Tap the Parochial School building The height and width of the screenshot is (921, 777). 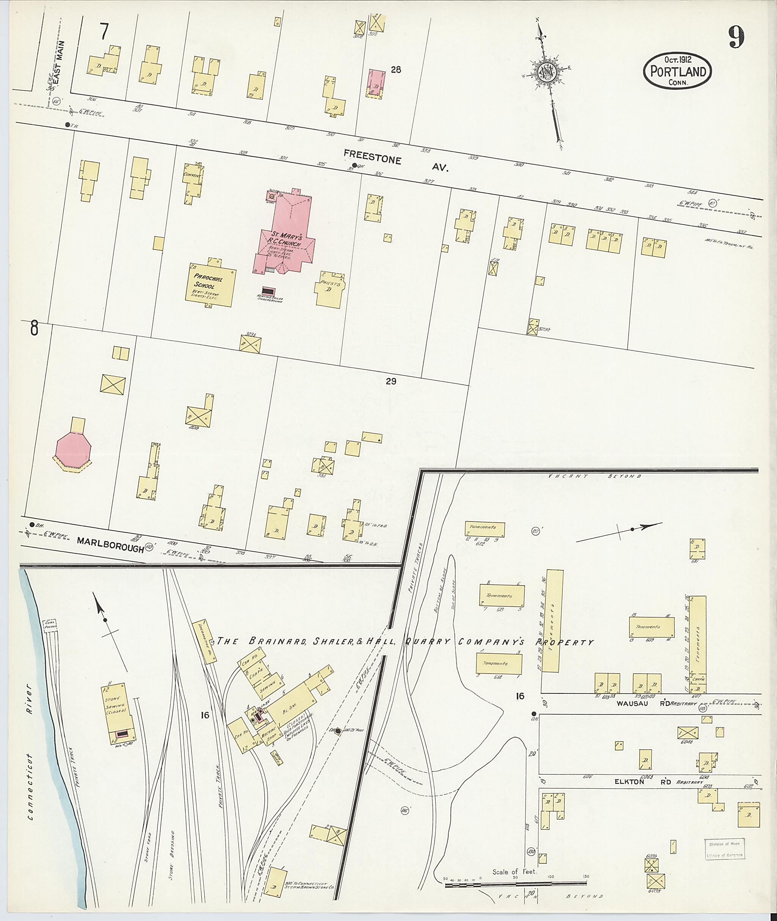210,285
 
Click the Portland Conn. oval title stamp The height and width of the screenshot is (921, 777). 678,71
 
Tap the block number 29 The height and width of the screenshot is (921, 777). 391,381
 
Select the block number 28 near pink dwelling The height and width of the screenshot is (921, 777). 396,69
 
